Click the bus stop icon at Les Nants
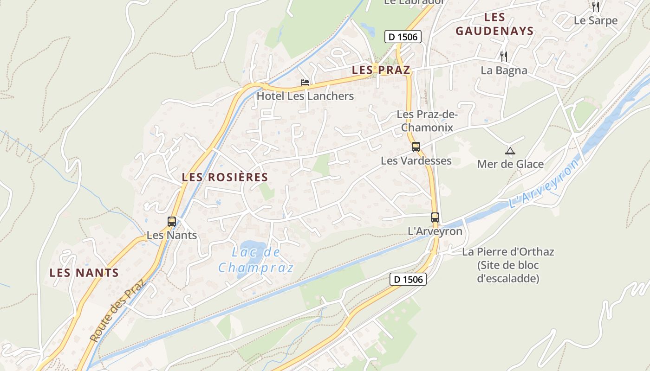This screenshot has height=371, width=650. [x=172, y=222]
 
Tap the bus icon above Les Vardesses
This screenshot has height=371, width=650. [x=416, y=147]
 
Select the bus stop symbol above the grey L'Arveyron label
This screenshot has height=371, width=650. [x=435, y=217]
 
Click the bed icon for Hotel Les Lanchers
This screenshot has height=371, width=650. [x=305, y=83]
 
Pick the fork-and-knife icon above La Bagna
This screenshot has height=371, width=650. [x=504, y=57]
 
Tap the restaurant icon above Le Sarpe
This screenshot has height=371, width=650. [x=596, y=6]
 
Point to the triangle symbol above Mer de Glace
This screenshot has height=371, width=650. [x=510, y=151]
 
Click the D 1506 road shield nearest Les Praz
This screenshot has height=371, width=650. [x=403, y=37]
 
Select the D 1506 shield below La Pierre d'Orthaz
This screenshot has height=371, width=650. [x=408, y=279]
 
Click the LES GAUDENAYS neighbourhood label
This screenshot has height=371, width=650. [x=494, y=25]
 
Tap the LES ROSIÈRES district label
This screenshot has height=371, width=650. [x=225, y=177]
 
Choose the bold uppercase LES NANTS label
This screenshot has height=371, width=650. [x=84, y=273]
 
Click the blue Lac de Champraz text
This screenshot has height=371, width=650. [x=256, y=260]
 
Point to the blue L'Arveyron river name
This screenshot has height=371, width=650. [x=544, y=184]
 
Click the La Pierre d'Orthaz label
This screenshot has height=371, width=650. [x=508, y=265]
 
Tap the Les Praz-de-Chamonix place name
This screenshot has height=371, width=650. [x=427, y=121]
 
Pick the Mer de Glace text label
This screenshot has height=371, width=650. [x=510, y=164]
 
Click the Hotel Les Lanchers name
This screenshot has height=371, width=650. [x=305, y=96]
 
